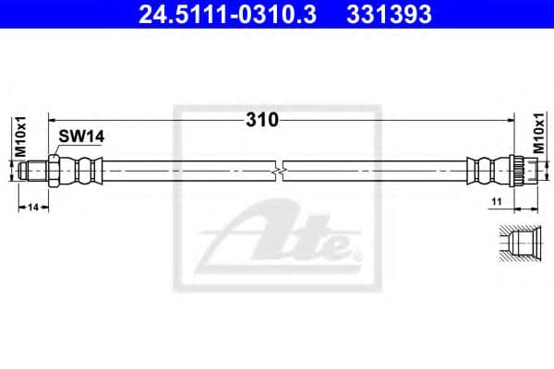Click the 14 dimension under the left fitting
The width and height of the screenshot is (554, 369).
point(32,208)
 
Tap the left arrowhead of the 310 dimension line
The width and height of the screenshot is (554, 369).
point(53,120)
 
